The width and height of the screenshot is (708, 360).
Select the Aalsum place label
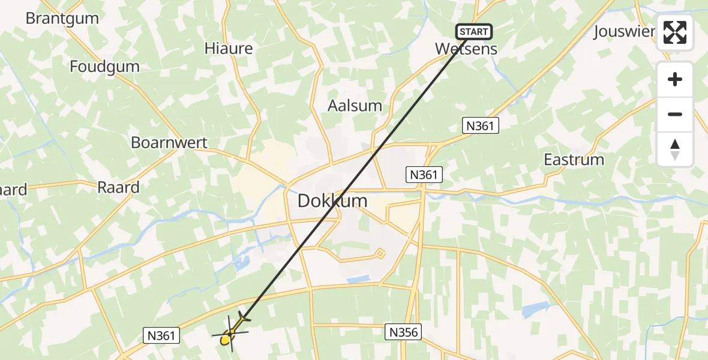click(x=355, y=106)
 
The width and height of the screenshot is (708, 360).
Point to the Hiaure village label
click(x=229, y=49)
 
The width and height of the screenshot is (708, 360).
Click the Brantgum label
click(x=62, y=18)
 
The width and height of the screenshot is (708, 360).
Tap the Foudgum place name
click(x=104, y=66)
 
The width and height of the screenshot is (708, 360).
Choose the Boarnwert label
click(x=169, y=143)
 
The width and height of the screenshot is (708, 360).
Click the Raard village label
click(x=118, y=187)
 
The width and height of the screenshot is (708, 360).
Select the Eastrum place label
click(x=574, y=160)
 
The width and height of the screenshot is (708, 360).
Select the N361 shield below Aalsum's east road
click(x=481, y=125)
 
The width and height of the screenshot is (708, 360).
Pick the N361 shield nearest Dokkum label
click(x=425, y=175)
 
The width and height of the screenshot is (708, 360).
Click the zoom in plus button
click(x=675, y=80)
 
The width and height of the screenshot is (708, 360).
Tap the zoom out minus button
click(x=675, y=114)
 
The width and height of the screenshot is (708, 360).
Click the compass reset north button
click(x=675, y=149)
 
